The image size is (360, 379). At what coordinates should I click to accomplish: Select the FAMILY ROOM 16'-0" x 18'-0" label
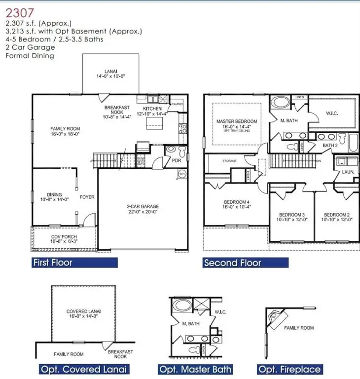pyautogui.click(x=65, y=131)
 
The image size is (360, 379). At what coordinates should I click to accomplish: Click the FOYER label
pyautogui.click(x=87, y=197)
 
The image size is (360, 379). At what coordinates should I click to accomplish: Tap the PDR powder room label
pyautogui.click(x=176, y=160)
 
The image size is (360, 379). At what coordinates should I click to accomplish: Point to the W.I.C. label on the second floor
pyautogui.click(x=332, y=114)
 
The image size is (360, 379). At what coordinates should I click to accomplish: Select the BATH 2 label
pyautogui.click(x=330, y=146)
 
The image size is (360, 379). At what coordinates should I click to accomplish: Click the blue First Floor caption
pyautogui.click(x=52, y=263)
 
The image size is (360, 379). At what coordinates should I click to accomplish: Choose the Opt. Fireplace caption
pyautogui.click(x=290, y=369)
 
